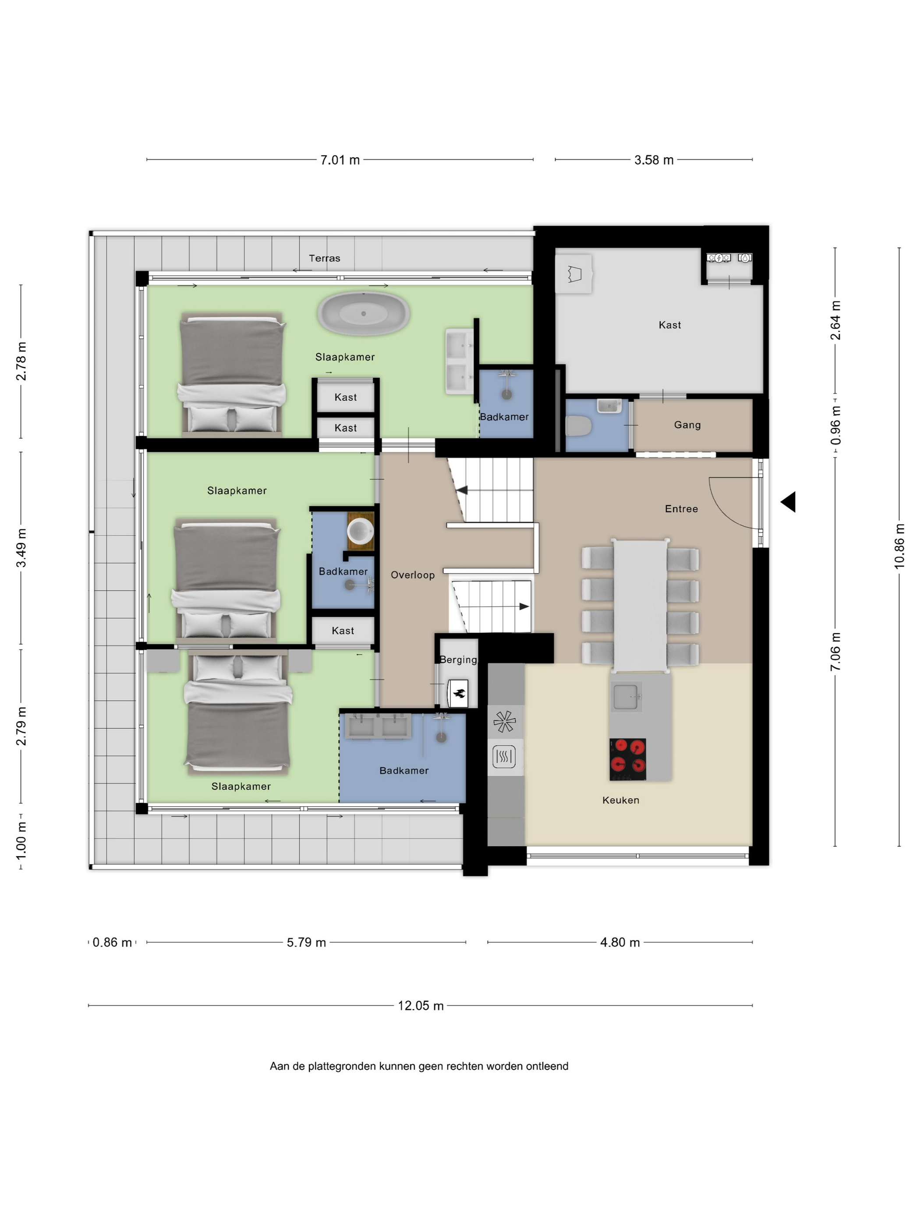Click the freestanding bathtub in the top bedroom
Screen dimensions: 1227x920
pyautogui.click(x=363, y=313)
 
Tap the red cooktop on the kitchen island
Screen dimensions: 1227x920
pyautogui.click(x=627, y=759)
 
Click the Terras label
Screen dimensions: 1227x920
pyautogui.click(x=325, y=258)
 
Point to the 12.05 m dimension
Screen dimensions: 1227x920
pyautogui.click(x=420, y=1006)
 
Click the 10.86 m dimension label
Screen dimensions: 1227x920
pyautogui.click(x=899, y=546)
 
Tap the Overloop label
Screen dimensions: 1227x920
pyautogui.click(x=413, y=574)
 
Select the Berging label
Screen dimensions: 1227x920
pyautogui.click(x=458, y=660)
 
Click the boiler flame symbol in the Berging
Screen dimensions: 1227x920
pyautogui.click(x=459, y=693)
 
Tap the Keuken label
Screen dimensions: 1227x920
pyautogui.click(x=620, y=800)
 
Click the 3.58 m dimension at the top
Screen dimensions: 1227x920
pyautogui.click(x=653, y=160)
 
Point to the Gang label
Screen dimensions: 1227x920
pyautogui.click(x=687, y=425)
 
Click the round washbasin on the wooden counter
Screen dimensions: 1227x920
pyautogui.click(x=360, y=531)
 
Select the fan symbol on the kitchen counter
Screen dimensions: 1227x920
pyautogui.click(x=504, y=722)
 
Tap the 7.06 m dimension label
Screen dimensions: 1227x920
pyautogui.click(x=835, y=652)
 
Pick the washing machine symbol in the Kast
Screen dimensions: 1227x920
pyautogui.click(x=718, y=258)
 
